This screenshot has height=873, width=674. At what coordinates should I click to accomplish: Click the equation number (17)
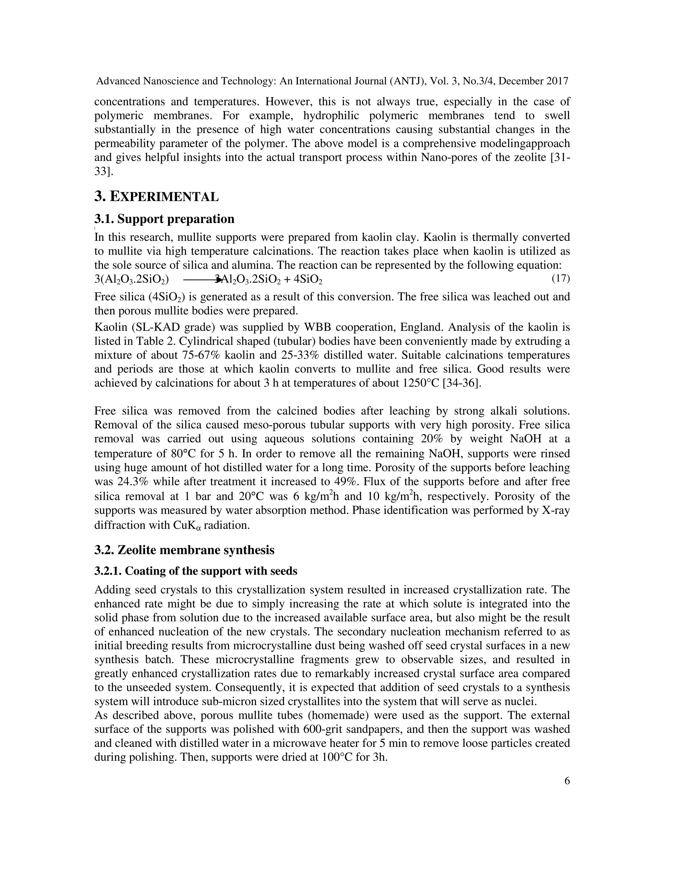(x=560, y=278)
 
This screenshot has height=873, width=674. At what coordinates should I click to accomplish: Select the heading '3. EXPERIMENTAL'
(x=157, y=197)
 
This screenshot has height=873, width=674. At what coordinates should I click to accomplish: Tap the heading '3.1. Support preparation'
(x=164, y=219)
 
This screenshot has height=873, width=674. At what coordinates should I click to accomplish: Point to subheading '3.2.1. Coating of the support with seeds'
(x=196, y=571)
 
